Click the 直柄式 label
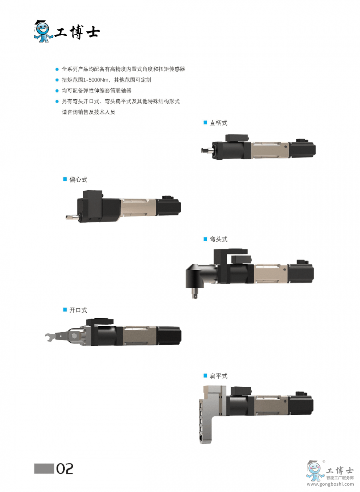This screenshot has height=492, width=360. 218,123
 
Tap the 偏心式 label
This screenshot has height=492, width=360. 78,180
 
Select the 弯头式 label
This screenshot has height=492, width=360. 218,239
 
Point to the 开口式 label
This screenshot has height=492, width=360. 78,310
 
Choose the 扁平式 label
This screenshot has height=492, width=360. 218,376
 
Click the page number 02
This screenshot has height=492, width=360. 65,469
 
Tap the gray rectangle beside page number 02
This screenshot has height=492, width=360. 44,468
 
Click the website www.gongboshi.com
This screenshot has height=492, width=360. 330,484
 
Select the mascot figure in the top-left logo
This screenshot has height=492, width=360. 43,31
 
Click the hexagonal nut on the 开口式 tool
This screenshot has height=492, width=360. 74,335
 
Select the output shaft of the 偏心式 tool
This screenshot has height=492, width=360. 71,217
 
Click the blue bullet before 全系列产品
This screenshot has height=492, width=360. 57,69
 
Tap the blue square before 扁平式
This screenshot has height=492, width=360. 206,376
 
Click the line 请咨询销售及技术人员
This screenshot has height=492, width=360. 88,112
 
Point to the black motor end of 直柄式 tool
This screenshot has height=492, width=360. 302,149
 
